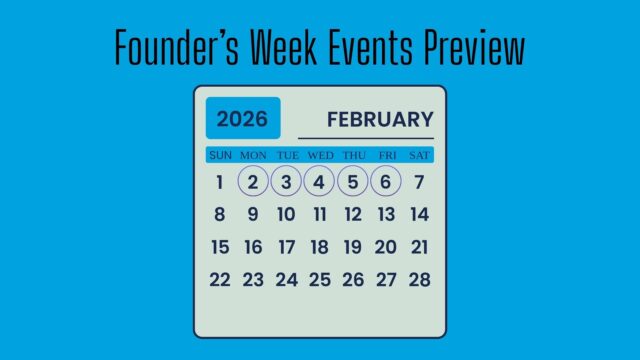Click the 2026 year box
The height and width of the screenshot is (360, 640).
tap(243, 119)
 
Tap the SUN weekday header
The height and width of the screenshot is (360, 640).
tap(220, 155)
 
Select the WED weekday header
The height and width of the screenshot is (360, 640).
tap(320, 155)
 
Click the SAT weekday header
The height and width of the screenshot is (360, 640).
tap(420, 155)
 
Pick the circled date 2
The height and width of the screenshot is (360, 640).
tap(253, 182)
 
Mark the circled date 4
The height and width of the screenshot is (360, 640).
tap(320, 182)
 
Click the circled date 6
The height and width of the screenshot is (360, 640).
tap(386, 182)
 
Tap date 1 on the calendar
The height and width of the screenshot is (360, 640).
tap(220, 182)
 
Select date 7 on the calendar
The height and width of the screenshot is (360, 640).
tap(420, 182)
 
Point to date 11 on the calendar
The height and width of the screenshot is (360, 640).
tap(320, 214)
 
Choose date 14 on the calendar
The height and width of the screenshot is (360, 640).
tap(420, 214)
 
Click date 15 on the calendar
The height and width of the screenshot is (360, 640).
tap(220, 247)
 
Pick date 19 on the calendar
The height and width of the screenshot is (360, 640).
tap(353, 247)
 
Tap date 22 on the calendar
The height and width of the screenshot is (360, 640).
tap(220, 280)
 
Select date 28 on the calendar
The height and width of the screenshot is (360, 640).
tap(420, 280)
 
